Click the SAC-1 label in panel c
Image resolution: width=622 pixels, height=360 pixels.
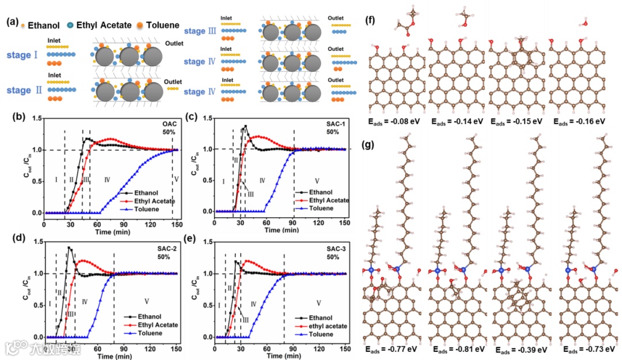(333, 123)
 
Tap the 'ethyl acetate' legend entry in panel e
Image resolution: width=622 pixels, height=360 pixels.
(326, 325)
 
